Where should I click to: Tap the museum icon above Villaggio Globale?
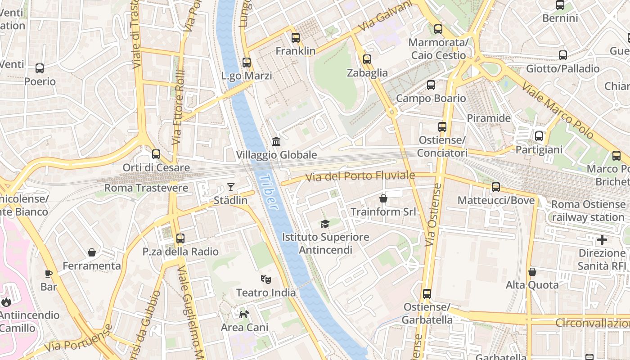(276, 142)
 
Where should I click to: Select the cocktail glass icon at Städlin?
(231, 187)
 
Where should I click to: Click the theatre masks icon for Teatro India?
(266, 279)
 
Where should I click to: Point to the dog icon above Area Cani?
(244, 314)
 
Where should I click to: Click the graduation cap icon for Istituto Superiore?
(325, 224)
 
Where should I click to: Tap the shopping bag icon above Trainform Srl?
(383, 198)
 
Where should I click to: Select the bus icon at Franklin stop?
(296, 38)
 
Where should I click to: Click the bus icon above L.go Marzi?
(247, 63)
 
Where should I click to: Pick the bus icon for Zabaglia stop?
(367, 59)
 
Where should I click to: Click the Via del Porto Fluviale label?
(360, 176)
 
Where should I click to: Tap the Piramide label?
(489, 118)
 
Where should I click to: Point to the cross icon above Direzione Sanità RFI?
(602, 239)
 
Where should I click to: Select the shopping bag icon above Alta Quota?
(532, 272)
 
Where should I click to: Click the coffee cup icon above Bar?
(49, 274)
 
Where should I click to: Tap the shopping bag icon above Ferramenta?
(92, 252)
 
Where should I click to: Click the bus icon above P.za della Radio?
(180, 238)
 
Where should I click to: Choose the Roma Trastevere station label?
(146, 188)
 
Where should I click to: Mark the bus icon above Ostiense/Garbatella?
(427, 294)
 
